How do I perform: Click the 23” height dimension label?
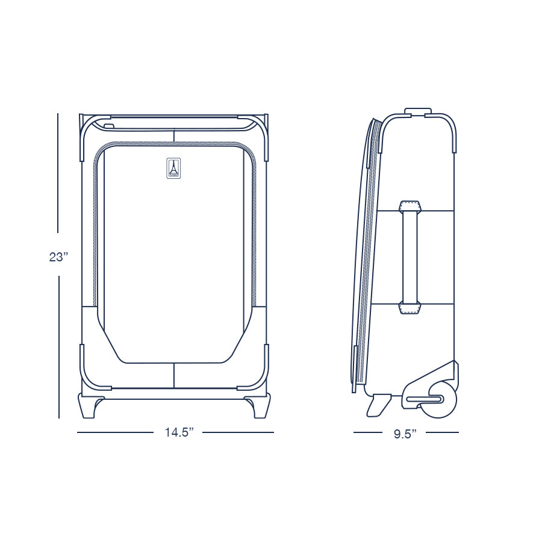[58, 257]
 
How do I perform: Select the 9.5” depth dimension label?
[406, 434]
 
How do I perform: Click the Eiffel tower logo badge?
[173, 168]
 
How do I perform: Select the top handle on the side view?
[418, 111]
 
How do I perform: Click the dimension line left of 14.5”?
[114, 432]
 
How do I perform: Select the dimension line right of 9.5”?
[442, 432]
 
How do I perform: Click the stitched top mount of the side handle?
[410, 207]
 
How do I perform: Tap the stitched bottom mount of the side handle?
[410, 308]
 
